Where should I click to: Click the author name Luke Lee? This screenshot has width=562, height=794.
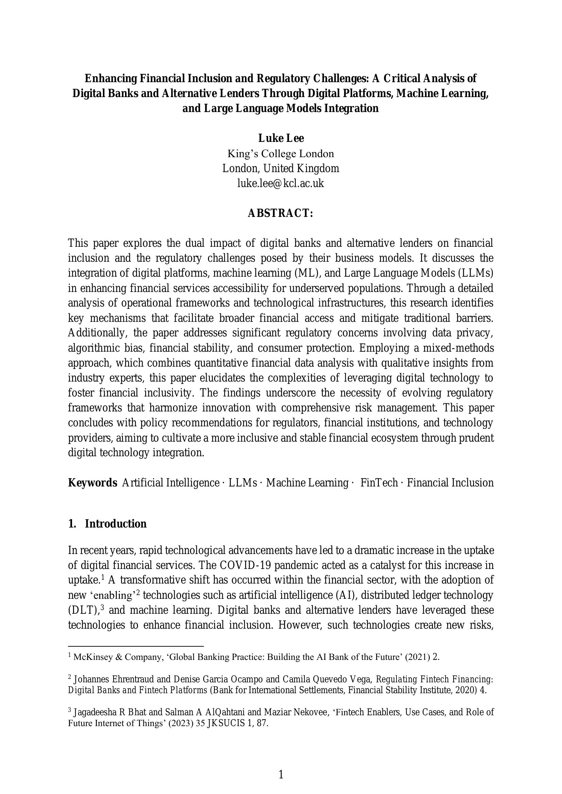click(281, 138)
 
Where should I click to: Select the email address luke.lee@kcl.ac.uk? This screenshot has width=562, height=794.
click(281, 183)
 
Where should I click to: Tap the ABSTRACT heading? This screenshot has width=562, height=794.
click(281, 214)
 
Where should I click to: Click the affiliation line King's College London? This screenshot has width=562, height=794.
click(281, 153)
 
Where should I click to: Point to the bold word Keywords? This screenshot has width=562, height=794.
click(92, 483)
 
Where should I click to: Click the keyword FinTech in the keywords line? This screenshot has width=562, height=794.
click(379, 483)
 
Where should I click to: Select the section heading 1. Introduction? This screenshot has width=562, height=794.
click(107, 524)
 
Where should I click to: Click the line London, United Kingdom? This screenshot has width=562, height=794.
click(281, 168)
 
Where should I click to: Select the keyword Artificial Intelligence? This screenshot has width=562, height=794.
click(171, 483)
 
